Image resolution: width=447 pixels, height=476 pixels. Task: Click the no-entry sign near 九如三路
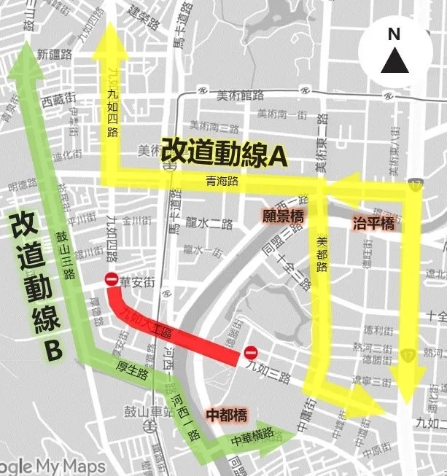click(249, 353)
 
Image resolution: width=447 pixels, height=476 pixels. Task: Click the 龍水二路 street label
click(209, 224)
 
